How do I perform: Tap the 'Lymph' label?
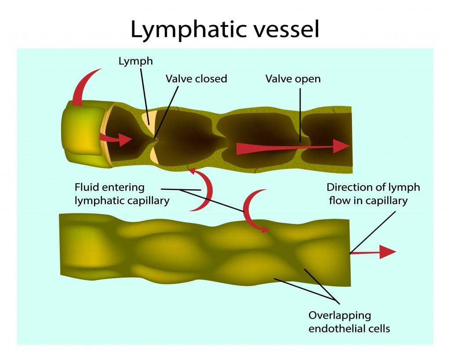click(x=136, y=61)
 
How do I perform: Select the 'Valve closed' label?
click(x=196, y=79)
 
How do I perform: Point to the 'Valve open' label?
click(x=293, y=79)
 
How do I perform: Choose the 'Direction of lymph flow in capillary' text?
click(x=373, y=194)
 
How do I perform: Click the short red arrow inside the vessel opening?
click(x=117, y=139)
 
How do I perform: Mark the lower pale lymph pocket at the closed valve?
click(x=154, y=155)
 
